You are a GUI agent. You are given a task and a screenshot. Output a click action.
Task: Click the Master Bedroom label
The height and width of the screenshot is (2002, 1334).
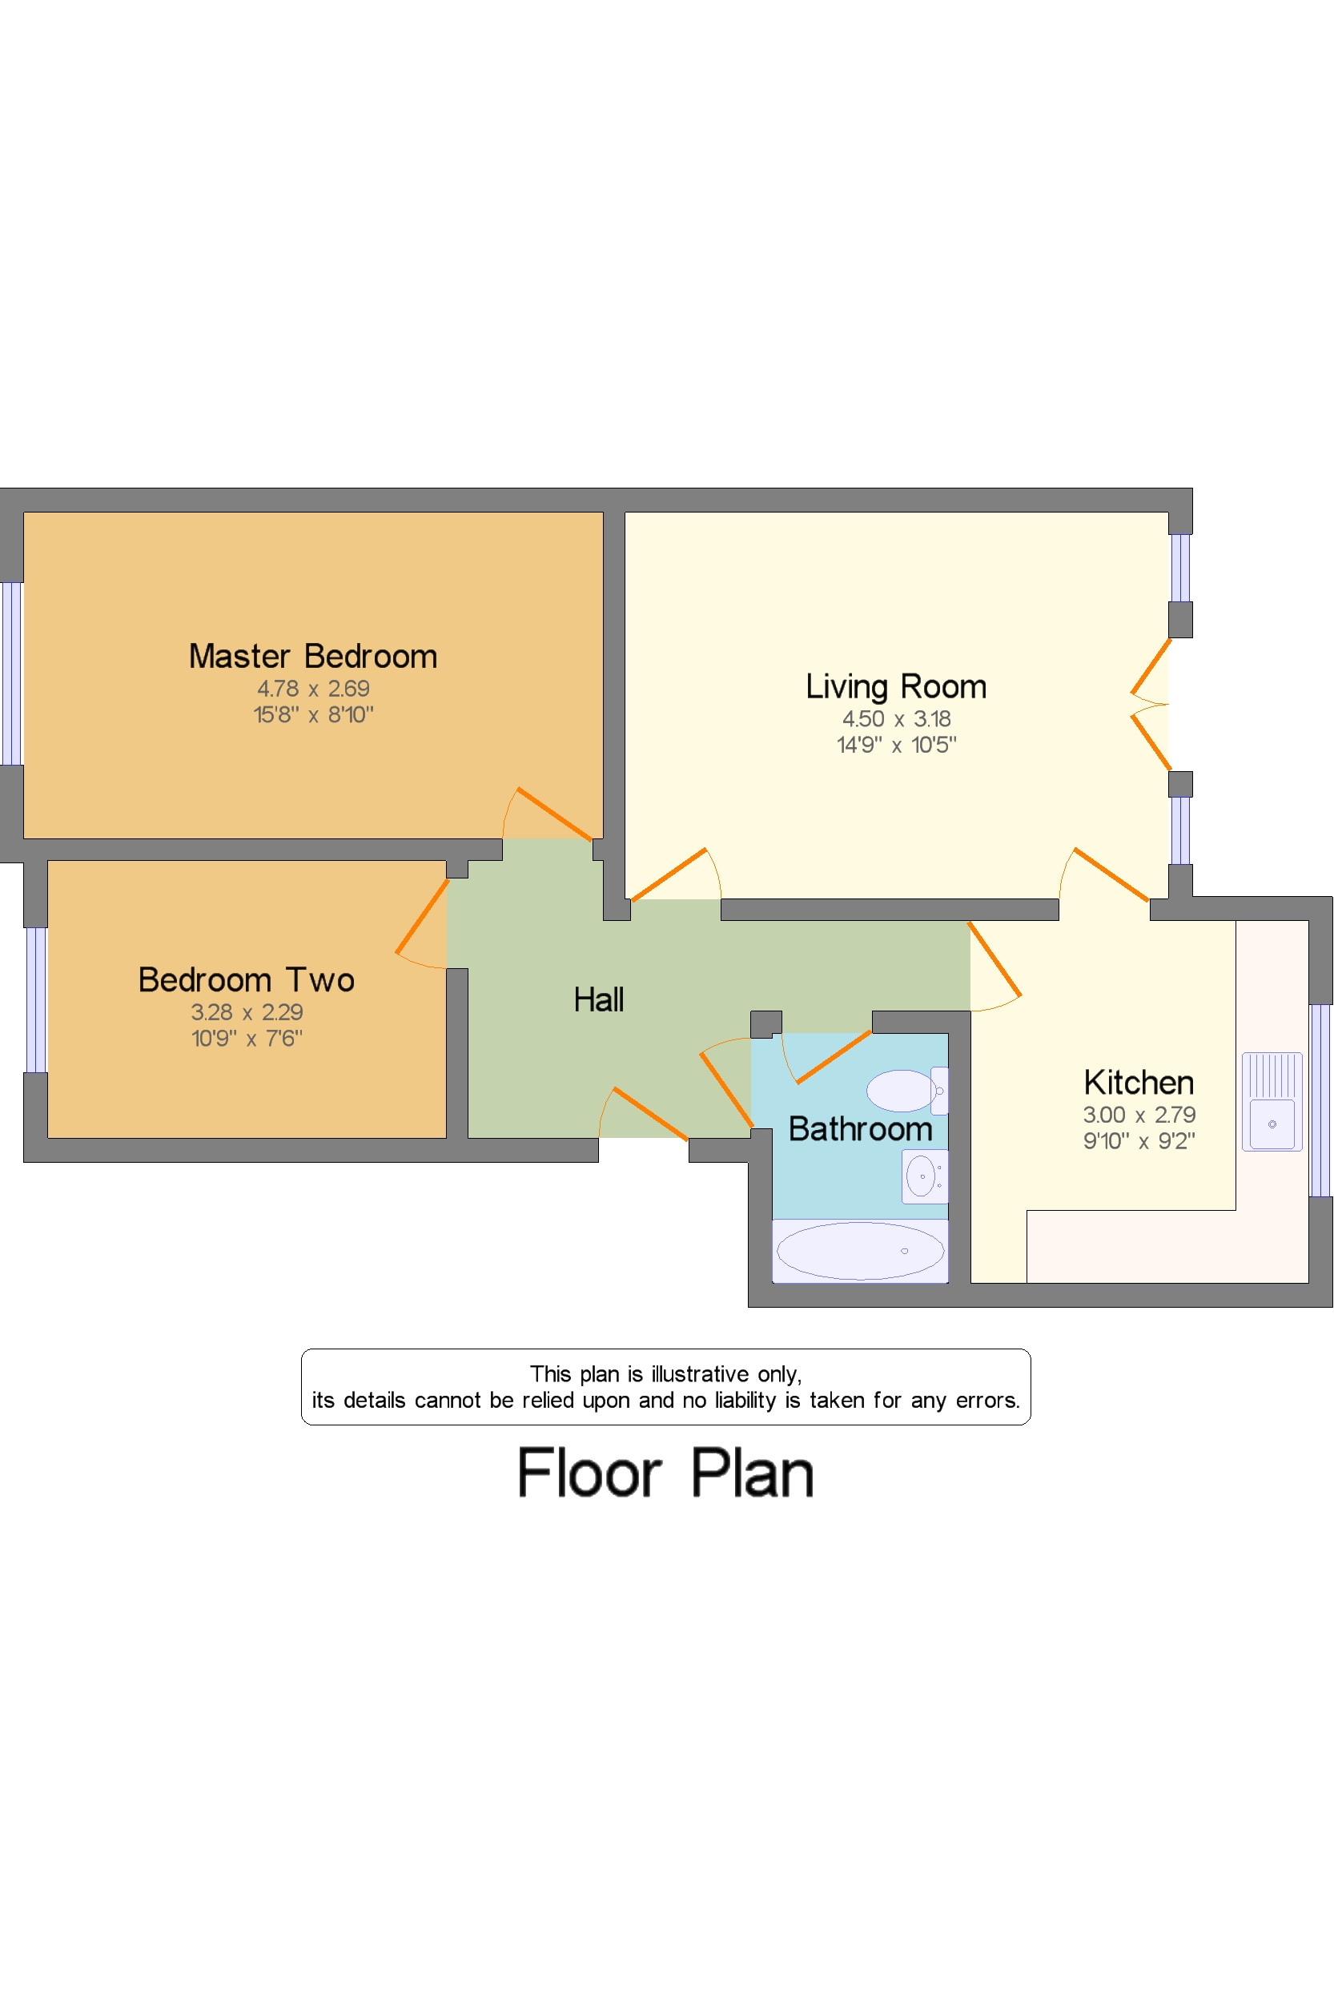(x=313, y=656)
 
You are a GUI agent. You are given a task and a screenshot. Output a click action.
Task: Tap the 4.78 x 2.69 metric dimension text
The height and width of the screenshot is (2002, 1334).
(x=313, y=689)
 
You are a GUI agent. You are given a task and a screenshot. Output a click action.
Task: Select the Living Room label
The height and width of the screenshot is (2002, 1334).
(x=896, y=686)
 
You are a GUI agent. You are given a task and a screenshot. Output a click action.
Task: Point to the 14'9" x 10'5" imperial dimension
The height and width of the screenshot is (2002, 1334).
(x=896, y=746)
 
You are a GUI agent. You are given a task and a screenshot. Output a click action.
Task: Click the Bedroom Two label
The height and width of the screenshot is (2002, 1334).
(x=246, y=980)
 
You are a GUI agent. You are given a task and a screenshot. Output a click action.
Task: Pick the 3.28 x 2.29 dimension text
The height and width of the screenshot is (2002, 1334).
(x=246, y=1012)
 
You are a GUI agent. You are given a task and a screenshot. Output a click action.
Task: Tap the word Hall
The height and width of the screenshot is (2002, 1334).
(x=598, y=999)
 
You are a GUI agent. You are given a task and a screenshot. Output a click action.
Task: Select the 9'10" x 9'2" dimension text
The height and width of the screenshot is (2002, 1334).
(x=1139, y=1141)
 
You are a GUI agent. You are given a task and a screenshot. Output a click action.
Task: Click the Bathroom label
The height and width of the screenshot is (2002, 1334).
(x=860, y=1129)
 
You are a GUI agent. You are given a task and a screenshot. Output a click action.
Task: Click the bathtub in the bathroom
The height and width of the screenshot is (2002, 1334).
(x=860, y=1250)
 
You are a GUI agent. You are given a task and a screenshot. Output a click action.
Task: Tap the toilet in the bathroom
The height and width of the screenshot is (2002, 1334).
(x=904, y=1091)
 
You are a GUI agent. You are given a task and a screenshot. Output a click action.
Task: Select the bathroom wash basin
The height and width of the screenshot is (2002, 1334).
(x=924, y=1176)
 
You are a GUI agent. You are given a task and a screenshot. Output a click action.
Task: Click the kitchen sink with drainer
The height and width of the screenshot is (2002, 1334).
(x=1271, y=1102)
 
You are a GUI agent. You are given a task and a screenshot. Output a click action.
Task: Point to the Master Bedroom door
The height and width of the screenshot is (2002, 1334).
(x=554, y=814)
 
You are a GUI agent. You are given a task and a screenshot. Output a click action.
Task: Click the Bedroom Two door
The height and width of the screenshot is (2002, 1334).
(x=421, y=916)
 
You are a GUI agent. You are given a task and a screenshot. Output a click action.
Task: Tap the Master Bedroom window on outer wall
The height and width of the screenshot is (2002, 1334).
(x=11, y=673)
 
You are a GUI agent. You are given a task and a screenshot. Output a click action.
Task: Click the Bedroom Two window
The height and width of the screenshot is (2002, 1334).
(x=36, y=999)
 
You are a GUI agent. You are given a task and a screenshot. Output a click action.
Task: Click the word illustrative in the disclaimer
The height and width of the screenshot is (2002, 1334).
(x=699, y=1374)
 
